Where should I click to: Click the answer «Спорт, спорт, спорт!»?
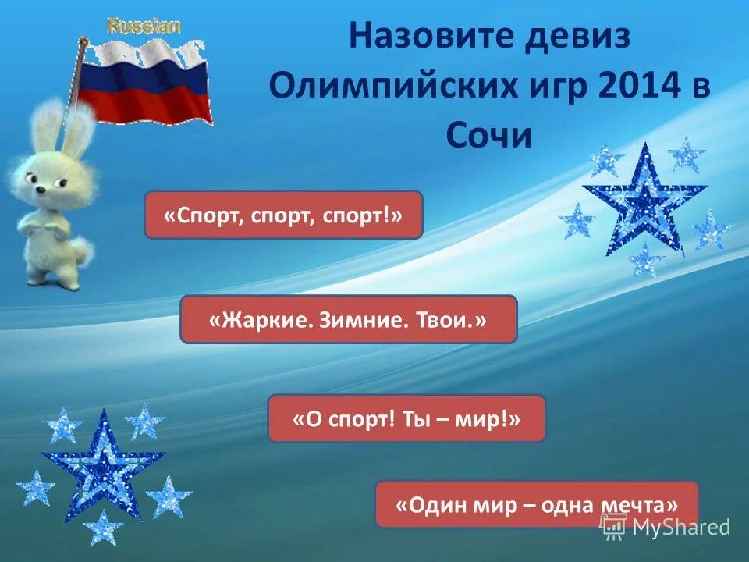coord(283,215)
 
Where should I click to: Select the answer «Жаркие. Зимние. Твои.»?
coord(348,319)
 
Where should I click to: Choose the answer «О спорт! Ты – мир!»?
coord(406,418)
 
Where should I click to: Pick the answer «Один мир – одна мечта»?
coord(537,504)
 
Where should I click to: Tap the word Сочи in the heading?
coord(488,136)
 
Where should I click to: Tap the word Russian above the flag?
coord(144,26)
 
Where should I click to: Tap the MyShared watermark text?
coord(680,528)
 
